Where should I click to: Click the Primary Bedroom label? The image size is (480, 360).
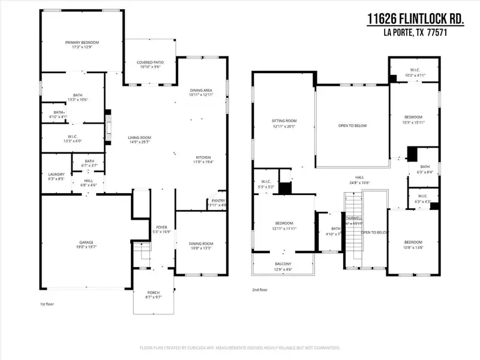point(82,42)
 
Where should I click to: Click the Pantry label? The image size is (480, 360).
point(218,201)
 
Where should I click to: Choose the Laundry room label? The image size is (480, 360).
point(56,174)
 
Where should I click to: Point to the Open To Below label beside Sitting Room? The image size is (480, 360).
point(352,125)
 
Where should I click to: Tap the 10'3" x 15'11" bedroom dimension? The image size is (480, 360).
point(413,122)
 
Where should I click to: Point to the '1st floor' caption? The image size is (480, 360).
point(40,305)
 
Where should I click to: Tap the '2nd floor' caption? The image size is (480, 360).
point(260,290)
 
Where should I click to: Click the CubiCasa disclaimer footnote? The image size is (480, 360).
point(240,348)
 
